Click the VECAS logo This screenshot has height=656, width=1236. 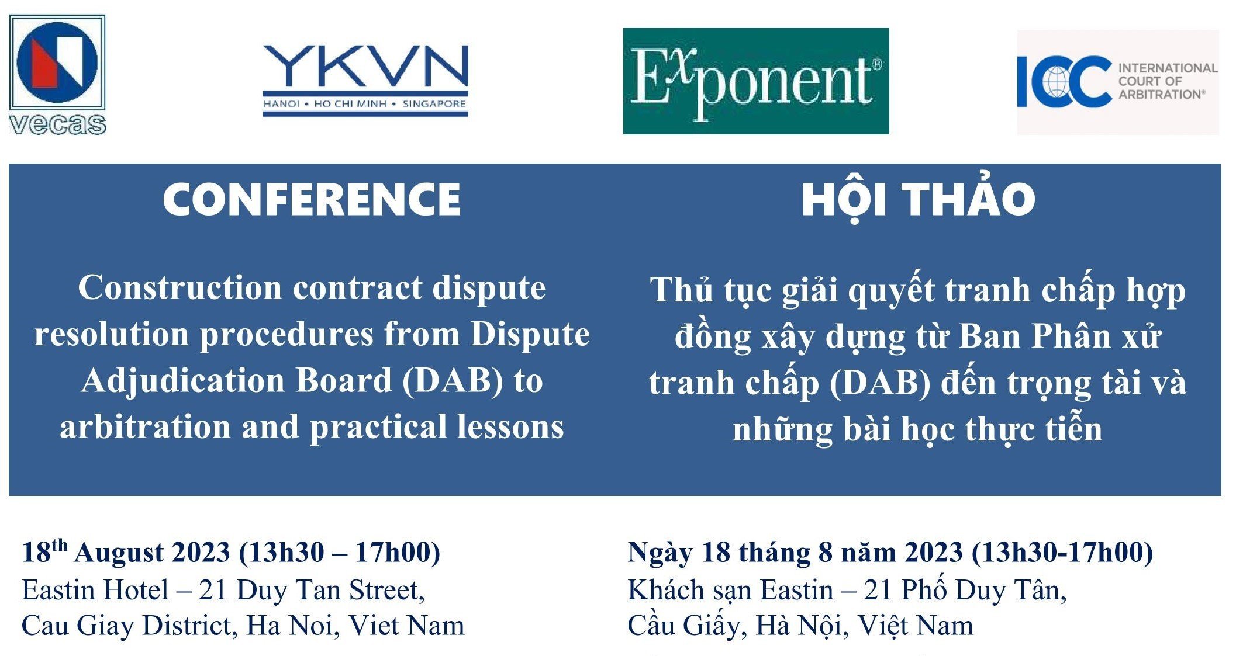pyautogui.click(x=57, y=75)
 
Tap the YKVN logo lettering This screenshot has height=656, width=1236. pyautogui.click(x=365, y=65)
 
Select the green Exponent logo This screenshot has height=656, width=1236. pyautogui.click(x=756, y=81)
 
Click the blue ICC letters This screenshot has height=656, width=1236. pyautogui.click(x=1064, y=82)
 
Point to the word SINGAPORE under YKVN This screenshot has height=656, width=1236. pyautogui.click(x=434, y=104)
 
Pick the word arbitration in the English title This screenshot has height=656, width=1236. pyautogui.click(x=146, y=426)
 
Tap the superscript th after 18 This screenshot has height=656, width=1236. pyautogui.click(x=59, y=545)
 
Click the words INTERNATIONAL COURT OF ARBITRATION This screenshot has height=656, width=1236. pyautogui.click(x=1168, y=81)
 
